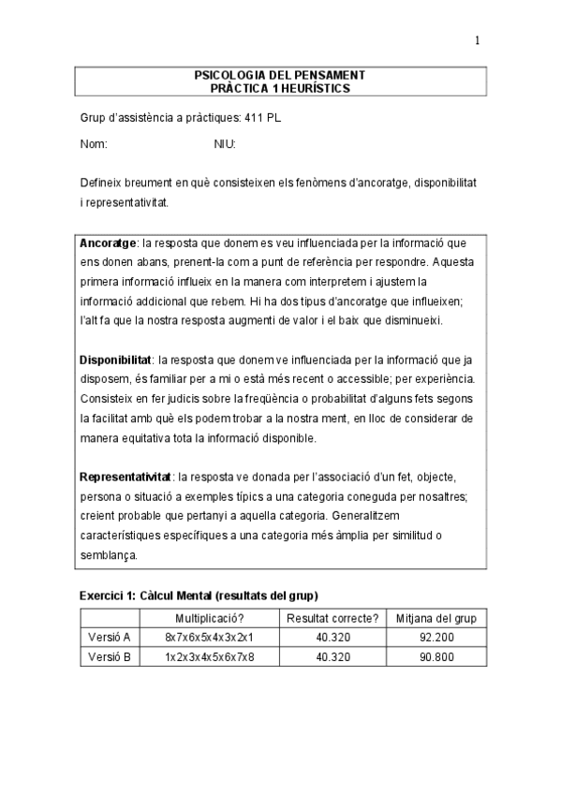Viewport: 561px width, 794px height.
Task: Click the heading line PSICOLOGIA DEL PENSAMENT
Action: click(x=280, y=74)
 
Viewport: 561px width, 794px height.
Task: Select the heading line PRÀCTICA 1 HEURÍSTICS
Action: click(x=280, y=87)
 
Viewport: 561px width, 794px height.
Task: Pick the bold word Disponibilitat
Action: click(x=116, y=358)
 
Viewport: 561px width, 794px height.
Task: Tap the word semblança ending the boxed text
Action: click(x=109, y=554)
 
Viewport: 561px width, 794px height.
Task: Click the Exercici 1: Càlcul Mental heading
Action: click(x=198, y=595)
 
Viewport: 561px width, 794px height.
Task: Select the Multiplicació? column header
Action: click(x=209, y=618)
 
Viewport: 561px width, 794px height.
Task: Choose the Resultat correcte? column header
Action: click(x=332, y=618)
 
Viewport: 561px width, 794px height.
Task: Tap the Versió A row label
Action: click(x=110, y=637)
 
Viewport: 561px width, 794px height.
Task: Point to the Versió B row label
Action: click(x=110, y=657)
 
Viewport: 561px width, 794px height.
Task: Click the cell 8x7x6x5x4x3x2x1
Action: click(x=209, y=637)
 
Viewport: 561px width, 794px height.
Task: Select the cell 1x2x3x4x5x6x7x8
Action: click(x=209, y=657)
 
